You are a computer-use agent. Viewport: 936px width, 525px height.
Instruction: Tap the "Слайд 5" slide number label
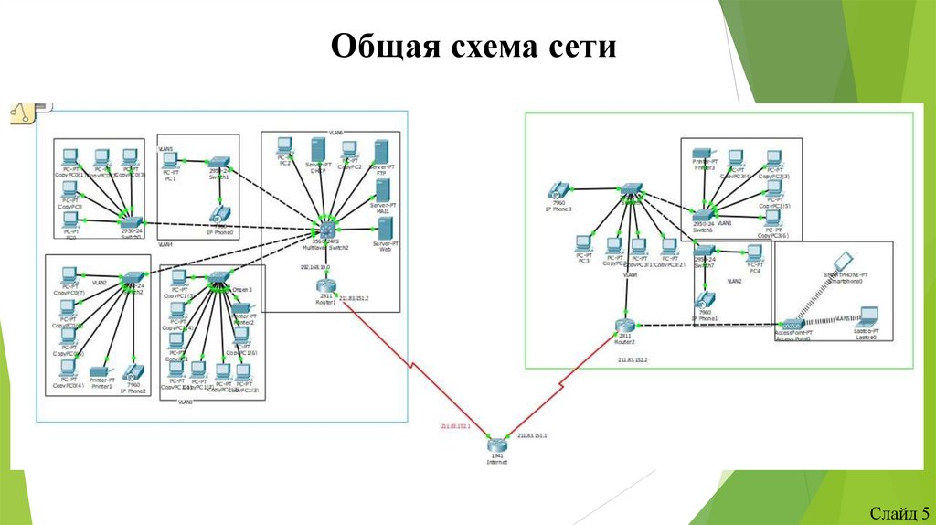click(x=899, y=511)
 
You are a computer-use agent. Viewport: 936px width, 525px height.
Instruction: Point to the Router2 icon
click(x=625, y=326)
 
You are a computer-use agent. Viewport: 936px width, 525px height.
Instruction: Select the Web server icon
click(x=385, y=226)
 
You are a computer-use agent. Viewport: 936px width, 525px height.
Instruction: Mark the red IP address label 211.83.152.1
click(x=453, y=427)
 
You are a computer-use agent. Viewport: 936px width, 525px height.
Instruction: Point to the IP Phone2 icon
click(x=133, y=371)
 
